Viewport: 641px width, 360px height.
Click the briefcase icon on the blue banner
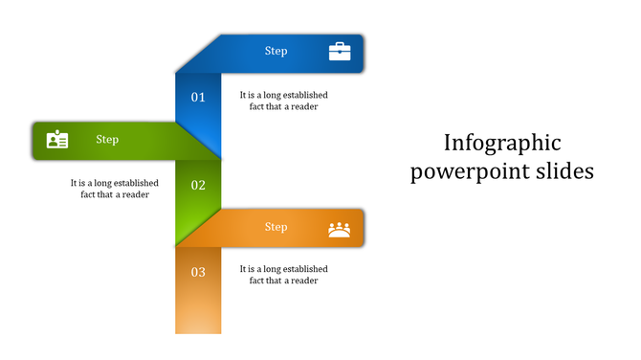click(x=340, y=52)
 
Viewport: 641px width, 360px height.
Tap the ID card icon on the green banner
click(x=57, y=140)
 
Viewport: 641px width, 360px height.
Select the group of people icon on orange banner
click(x=340, y=229)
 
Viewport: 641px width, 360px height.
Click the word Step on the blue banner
click(x=276, y=52)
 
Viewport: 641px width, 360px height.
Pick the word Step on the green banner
click(x=107, y=140)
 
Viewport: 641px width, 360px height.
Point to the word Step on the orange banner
click(x=276, y=228)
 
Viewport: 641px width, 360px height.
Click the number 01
click(x=198, y=98)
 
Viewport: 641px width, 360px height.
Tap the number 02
click(x=198, y=186)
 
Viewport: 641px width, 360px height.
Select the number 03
click(x=198, y=273)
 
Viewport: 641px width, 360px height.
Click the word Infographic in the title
click(x=502, y=144)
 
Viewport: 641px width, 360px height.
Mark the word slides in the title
click(x=565, y=171)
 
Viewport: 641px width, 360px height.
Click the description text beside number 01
click(x=284, y=101)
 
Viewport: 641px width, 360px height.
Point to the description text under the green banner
click(x=114, y=189)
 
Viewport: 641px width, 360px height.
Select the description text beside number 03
click(x=284, y=275)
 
